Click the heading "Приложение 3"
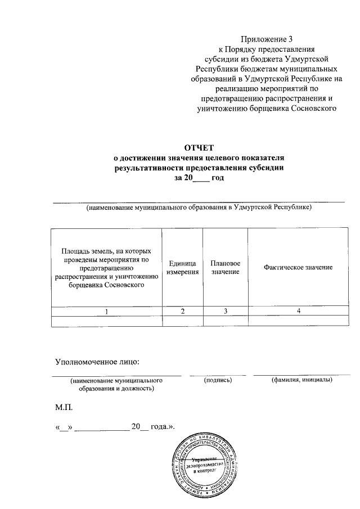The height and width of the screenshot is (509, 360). [267, 39]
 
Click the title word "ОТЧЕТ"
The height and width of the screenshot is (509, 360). [199, 148]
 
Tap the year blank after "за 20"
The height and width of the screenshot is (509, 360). [200, 178]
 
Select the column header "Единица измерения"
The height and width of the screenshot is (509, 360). [182, 268]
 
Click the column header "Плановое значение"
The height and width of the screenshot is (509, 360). [225, 268]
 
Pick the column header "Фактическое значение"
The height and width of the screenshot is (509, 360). [298, 267]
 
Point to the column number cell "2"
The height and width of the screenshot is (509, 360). [182, 311]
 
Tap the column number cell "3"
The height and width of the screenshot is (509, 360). [225, 311]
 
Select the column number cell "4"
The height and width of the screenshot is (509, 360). [299, 311]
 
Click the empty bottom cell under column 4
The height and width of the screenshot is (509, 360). [299, 321]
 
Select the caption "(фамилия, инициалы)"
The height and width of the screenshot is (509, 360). [301, 380]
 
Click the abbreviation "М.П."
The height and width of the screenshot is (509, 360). [64, 406]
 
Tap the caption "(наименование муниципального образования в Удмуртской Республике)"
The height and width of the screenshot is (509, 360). [199, 208]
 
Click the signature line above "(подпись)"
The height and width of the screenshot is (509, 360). [218, 374]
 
